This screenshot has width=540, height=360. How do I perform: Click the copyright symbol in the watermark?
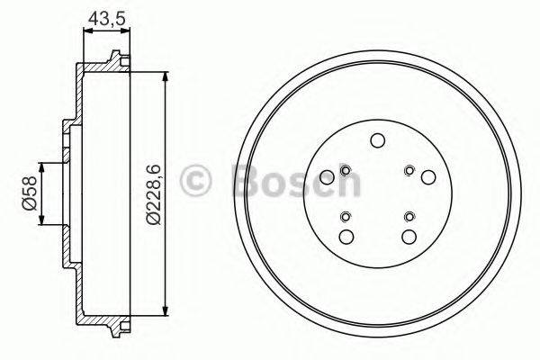point(197,181)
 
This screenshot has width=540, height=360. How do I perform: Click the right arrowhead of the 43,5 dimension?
point(127,31)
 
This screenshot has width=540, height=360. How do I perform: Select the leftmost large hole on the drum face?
point(325,176)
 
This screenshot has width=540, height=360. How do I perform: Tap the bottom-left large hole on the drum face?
point(345,237)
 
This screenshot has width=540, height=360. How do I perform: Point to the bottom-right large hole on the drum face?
point(409,237)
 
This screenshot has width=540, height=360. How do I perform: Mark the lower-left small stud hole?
point(345,215)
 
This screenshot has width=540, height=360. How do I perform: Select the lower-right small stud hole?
point(409,215)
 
